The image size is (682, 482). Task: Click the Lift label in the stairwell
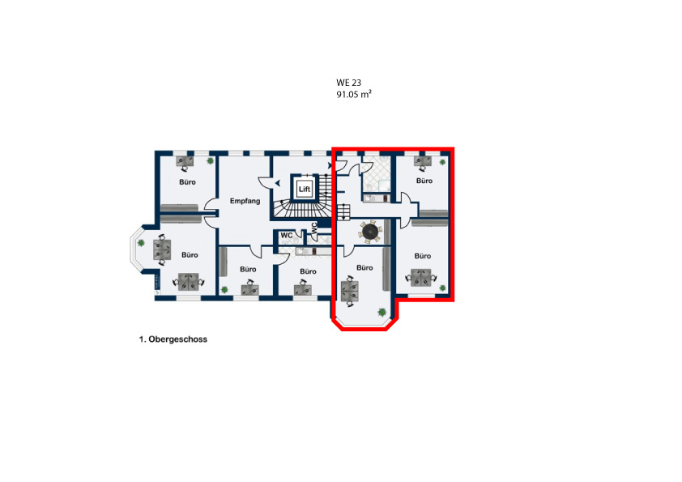305,190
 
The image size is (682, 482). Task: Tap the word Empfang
245,201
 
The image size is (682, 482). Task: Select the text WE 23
348,83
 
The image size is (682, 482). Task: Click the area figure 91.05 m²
354,94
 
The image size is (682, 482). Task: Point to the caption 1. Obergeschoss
173,339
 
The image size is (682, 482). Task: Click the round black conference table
371,231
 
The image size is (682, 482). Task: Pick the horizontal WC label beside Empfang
286,236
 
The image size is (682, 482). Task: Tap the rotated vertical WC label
314,228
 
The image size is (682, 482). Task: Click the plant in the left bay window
141,243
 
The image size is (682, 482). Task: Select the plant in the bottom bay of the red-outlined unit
381,312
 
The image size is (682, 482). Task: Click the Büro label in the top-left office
187,181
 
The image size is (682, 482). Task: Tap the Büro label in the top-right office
424,181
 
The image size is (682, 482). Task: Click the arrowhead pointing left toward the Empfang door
277,184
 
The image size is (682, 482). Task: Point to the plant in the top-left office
210,160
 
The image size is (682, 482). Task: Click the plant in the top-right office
442,162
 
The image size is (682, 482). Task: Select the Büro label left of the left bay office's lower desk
190,255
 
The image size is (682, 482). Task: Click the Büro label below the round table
364,267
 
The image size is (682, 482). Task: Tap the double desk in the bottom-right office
421,278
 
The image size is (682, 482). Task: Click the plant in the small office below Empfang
224,289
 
